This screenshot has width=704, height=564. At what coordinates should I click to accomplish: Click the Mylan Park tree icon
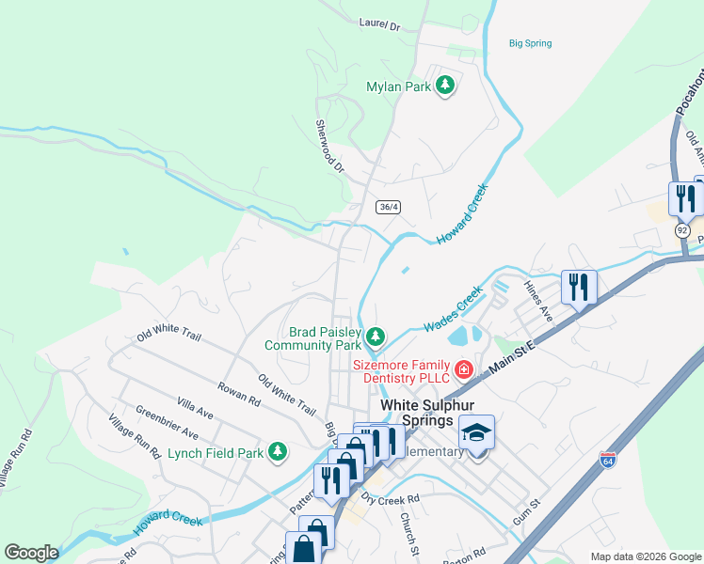[x=445, y=86]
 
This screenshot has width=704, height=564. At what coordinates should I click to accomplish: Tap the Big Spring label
[x=530, y=43]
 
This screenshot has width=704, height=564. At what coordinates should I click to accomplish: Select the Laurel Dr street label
[x=379, y=25]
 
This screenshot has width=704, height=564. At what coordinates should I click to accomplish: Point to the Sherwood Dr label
[x=329, y=146]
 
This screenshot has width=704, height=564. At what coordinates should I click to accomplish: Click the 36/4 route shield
[x=388, y=207]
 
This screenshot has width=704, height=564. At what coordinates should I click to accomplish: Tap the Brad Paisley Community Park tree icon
[x=376, y=336]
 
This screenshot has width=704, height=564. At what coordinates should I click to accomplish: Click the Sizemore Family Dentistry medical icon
[x=463, y=369]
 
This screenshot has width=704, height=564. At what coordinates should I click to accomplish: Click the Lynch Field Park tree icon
[x=277, y=452]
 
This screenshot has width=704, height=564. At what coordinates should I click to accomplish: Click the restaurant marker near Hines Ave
[x=579, y=286]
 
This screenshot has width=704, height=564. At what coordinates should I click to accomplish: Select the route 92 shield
[x=682, y=229]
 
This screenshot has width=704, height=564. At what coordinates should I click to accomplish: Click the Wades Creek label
[x=452, y=309]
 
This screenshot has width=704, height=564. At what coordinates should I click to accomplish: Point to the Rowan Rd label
[x=238, y=393]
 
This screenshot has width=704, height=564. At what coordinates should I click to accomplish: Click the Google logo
[x=31, y=553]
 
